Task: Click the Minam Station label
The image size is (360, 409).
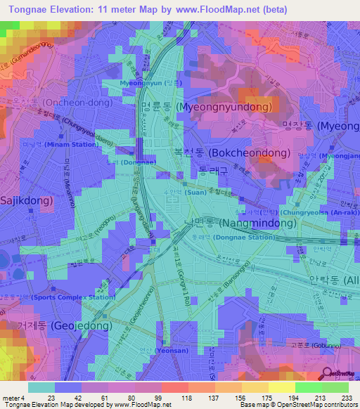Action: pos(49,144)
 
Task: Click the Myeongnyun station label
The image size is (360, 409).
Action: pos(141,83)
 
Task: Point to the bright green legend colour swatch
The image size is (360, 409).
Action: pos(309,387)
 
